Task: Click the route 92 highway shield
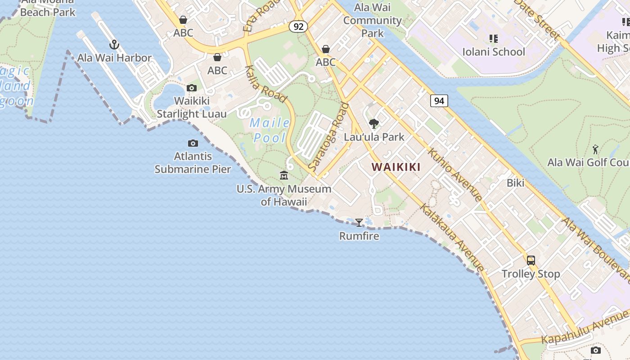point(298,27)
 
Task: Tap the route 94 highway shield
point(439,101)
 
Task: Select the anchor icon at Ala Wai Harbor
point(114,45)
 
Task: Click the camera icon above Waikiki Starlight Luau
point(192,88)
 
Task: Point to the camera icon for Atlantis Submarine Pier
point(193,143)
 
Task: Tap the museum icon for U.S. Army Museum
point(284,175)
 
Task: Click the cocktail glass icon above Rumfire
point(359,222)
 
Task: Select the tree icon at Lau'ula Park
point(373,123)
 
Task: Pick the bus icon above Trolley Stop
point(531,260)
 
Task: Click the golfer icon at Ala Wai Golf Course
point(596,149)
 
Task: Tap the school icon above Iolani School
point(494,39)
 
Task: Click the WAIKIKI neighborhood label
point(396,167)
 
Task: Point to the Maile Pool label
point(270,130)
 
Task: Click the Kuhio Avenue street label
point(455,174)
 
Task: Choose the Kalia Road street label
point(265,84)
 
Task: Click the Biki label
point(515,183)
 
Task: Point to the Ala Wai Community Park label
point(373,20)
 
